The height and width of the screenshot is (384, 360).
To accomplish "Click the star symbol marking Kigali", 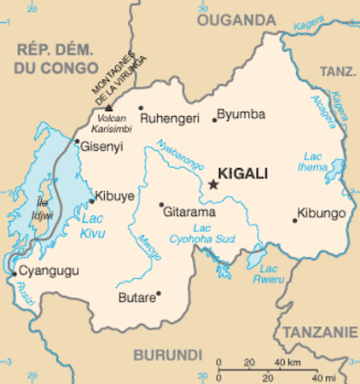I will coord(213,183).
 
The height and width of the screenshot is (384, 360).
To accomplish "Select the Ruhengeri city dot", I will coord(141,108).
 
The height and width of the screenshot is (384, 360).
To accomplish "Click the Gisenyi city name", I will coord(102,147).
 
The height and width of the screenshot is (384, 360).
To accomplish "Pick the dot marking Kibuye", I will coord(92,201).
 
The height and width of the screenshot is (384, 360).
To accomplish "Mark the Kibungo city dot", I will coord(294,220).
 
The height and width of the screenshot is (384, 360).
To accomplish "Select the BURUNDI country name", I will coord(167,353).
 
